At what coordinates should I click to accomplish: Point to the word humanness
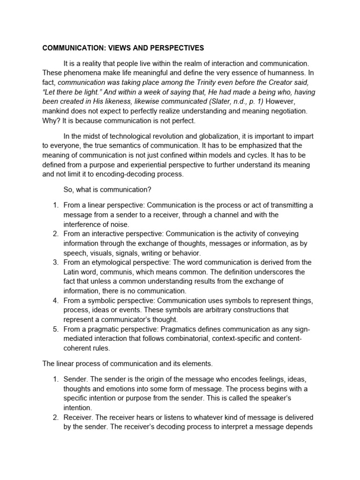286,73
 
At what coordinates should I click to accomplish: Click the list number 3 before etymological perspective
54,262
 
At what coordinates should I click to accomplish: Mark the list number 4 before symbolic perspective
54,300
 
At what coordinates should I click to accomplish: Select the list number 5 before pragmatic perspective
54,329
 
